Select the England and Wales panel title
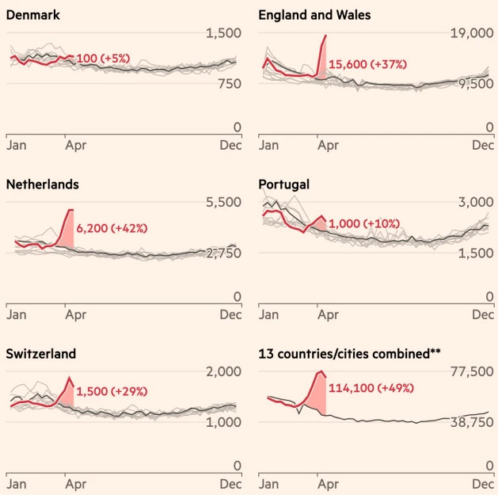(x=314, y=15)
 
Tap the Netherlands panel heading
(x=41, y=185)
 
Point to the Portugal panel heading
(x=283, y=185)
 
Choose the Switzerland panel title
(x=40, y=353)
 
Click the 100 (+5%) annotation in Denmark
(x=103, y=59)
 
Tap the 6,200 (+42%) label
(x=112, y=228)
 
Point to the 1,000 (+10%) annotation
(x=364, y=224)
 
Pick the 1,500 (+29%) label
(x=112, y=391)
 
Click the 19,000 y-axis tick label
(x=468, y=33)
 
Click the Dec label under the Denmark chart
(x=230, y=146)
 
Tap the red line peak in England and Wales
(x=325, y=36)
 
